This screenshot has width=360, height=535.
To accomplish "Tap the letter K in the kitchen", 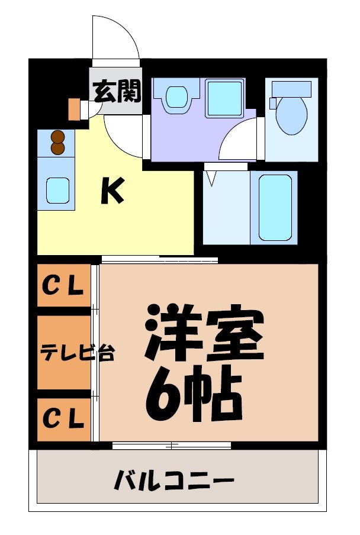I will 112,191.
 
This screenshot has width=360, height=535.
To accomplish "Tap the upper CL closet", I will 62,287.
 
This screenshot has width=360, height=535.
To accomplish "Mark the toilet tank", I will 291,89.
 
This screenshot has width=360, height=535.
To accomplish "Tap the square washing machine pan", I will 225,95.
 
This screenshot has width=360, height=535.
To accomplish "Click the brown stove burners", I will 57,142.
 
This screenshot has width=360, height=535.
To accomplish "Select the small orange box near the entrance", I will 74,109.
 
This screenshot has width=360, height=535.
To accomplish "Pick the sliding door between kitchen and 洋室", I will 159,259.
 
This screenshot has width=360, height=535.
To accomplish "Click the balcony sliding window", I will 171,445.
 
